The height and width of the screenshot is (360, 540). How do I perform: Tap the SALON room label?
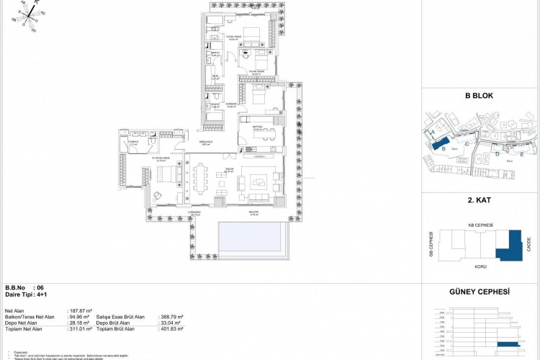(228, 171)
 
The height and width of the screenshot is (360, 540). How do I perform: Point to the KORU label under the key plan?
(481, 267)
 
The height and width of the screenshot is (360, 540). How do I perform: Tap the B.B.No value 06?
(50, 287)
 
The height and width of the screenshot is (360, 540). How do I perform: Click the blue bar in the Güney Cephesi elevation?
(508, 345)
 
